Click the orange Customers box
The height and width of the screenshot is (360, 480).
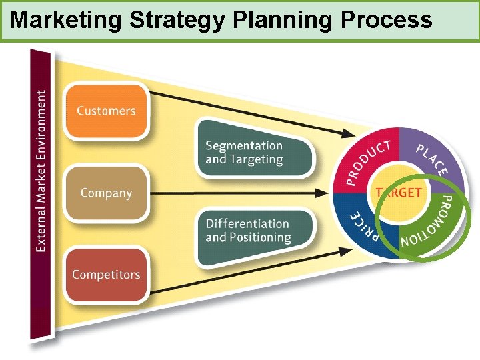(x=105, y=111)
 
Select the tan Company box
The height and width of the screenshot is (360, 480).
(x=106, y=193)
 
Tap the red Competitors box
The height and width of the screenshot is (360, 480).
(x=106, y=274)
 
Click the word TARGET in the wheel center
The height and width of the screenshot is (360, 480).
(x=398, y=193)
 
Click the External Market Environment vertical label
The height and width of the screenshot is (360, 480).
(x=41, y=171)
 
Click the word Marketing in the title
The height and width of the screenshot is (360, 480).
(x=67, y=21)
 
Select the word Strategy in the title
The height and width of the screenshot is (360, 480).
(x=178, y=21)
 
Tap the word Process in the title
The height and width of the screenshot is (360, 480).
(x=386, y=21)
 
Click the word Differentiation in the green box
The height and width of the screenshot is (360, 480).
(x=247, y=224)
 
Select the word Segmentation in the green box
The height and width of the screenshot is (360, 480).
(x=244, y=146)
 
